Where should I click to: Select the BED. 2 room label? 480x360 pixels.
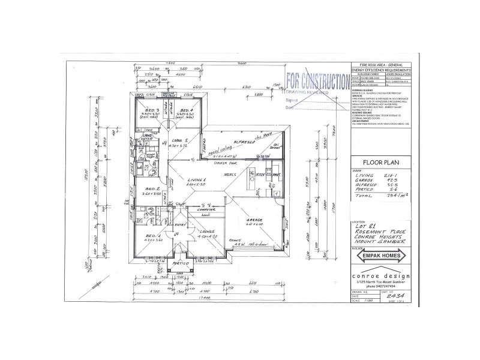click(152, 188)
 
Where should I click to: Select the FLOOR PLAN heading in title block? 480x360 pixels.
click(376, 163)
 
